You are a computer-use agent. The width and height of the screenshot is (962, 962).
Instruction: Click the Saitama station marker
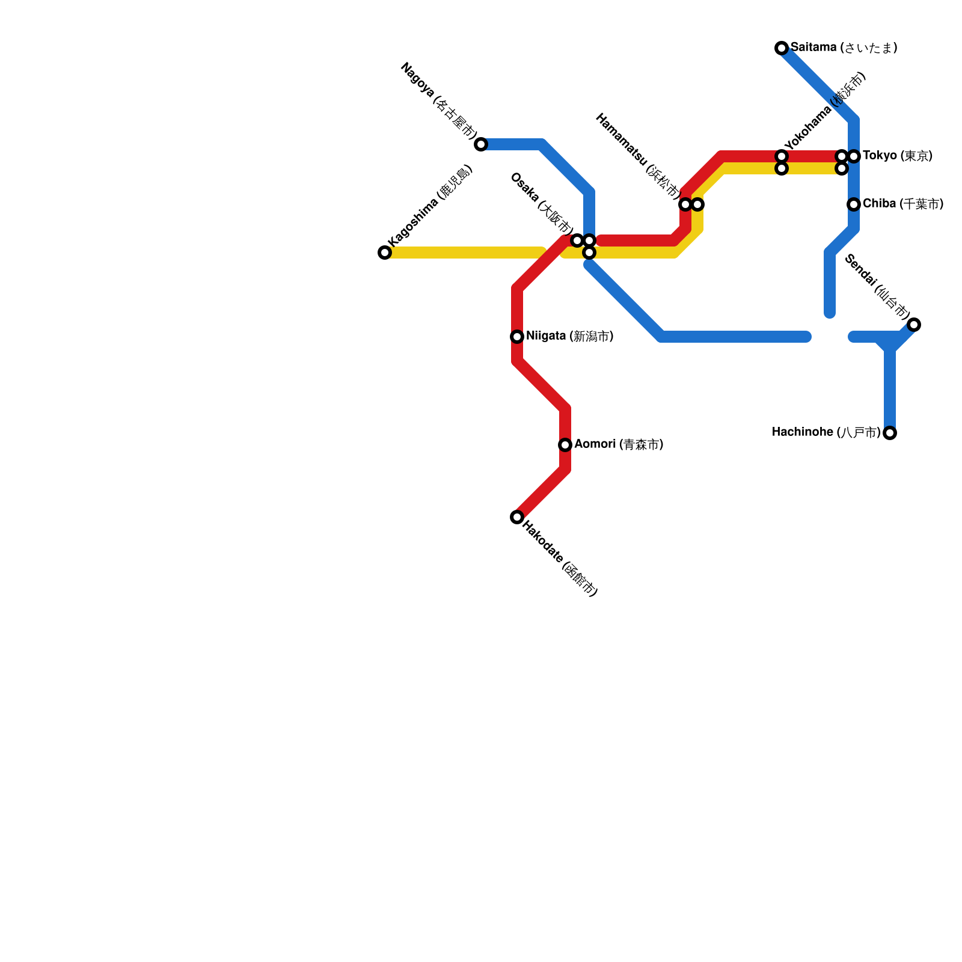(782, 48)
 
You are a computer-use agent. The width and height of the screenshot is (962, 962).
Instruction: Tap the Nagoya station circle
(481, 144)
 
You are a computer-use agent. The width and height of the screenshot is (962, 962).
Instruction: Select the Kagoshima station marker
(385, 253)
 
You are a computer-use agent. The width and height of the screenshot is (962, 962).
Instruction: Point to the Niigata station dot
(517, 337)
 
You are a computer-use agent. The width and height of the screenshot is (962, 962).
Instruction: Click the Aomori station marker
(565, 445)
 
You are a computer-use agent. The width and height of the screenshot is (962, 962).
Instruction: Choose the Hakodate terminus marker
(517, 517)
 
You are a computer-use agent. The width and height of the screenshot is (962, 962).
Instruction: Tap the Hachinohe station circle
(890, 433)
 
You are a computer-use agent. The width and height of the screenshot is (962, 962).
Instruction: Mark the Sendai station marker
(914, 325)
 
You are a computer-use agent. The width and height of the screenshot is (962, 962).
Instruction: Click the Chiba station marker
(854, 204)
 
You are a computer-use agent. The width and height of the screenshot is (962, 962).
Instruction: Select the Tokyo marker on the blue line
(854, 156)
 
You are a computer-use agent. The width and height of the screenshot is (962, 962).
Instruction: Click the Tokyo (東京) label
(898, 156)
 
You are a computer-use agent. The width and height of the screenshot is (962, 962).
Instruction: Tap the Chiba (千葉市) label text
(902, 204)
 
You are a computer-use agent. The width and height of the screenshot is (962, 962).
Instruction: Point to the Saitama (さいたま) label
(844, 47)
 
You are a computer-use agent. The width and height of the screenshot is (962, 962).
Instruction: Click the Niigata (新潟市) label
(569, 336)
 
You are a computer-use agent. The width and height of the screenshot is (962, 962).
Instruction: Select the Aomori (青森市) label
(619, 444)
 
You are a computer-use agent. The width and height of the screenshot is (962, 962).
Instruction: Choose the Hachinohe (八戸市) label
(826, 432)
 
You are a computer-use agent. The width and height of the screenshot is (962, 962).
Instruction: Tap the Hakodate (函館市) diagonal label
(560, 559)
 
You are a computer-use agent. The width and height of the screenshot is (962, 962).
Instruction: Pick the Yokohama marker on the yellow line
(782, 169)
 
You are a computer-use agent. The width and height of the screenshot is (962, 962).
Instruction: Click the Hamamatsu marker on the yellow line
(697, 204)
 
